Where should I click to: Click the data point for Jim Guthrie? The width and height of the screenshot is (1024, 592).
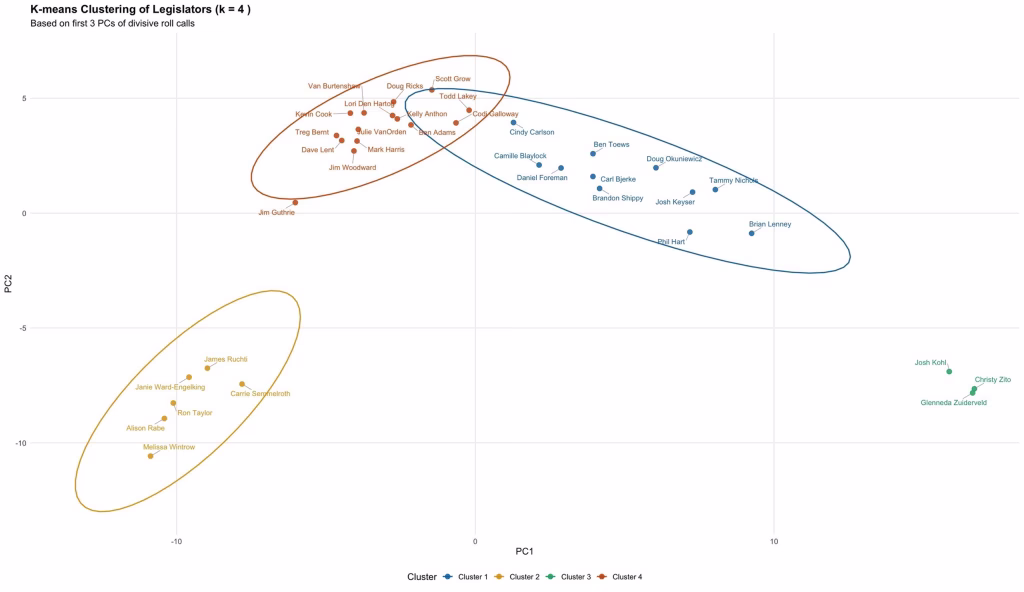click(295, 202)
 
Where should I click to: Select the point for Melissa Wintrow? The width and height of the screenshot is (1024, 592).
click(151, 456)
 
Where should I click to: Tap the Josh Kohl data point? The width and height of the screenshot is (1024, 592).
click(949, 372)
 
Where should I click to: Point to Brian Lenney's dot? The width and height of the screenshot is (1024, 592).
click(751, 233)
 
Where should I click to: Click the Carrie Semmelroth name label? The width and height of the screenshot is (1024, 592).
click(260, 394)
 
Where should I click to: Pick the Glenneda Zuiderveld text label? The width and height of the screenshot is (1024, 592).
click(953, 403)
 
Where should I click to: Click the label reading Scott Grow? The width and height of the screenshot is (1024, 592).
click(452, 79)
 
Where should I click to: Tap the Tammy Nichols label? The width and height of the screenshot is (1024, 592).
click(734, 181)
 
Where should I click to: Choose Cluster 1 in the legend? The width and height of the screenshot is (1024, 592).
click(471, 577)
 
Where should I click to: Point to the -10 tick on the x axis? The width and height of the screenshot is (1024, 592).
click(176, 542)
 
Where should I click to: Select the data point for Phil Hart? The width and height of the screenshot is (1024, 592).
click(689, 232)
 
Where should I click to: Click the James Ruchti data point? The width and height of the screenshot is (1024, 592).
click(207, 368)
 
